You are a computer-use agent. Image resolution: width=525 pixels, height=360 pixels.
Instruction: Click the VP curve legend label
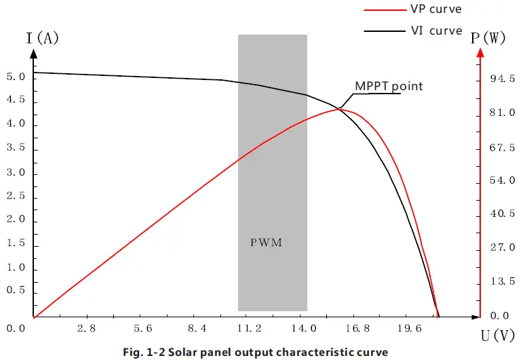(436, 10)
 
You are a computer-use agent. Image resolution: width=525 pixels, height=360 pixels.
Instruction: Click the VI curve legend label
(436, 31)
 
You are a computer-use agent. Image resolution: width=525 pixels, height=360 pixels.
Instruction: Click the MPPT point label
(389, 86)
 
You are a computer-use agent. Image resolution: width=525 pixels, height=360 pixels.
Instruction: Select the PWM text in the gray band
(265, 241)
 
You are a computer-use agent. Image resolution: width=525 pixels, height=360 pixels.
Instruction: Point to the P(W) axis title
(488, 39)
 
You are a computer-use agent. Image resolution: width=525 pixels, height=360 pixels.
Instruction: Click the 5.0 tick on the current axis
(15, 77)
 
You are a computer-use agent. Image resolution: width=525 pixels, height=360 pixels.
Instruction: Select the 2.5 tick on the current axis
(15, 196)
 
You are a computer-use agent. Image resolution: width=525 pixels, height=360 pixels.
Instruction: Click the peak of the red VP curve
(341, 109)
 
